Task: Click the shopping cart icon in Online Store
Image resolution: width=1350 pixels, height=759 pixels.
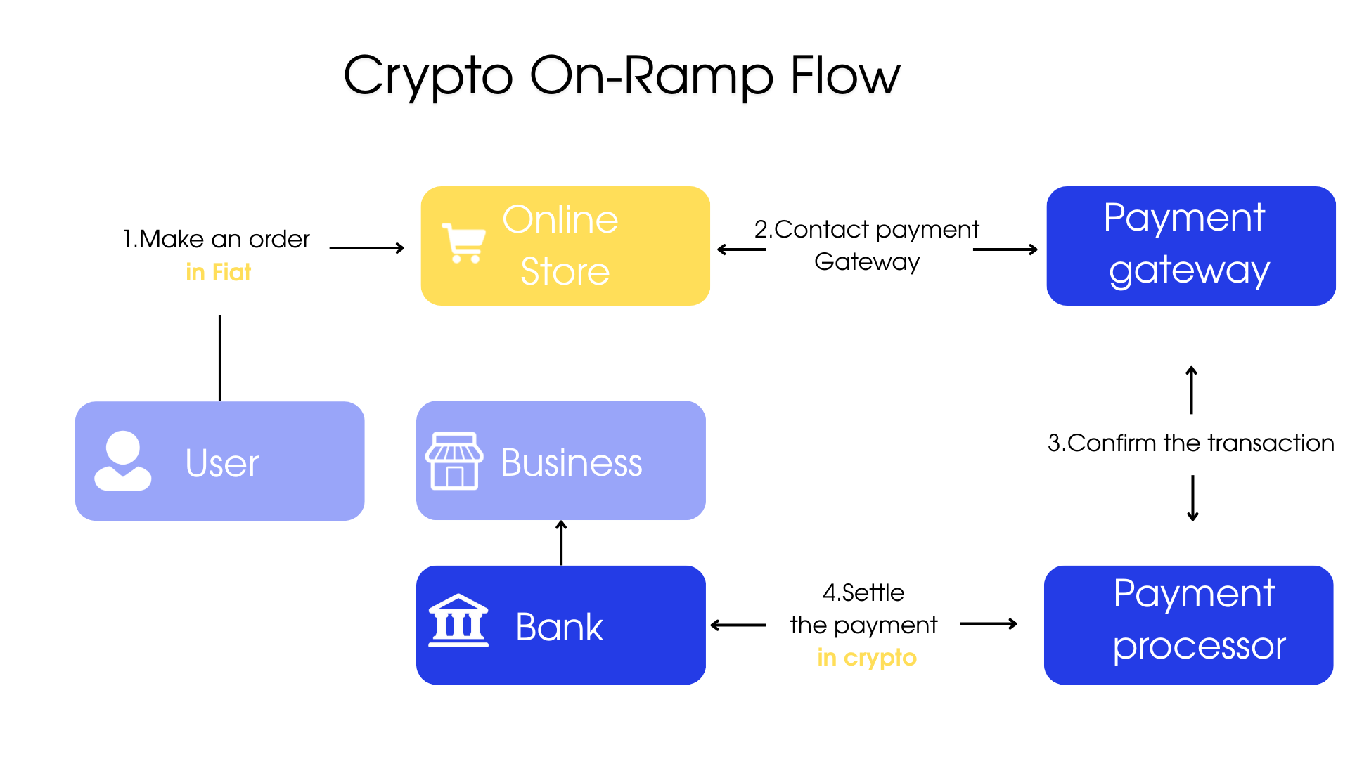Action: tap(463, 243)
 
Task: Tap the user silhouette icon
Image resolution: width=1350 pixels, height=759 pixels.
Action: tap(123, 461)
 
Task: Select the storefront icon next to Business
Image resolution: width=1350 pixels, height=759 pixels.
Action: tap(454, 461)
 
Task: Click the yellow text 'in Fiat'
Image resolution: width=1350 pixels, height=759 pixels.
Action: tap(218, 273)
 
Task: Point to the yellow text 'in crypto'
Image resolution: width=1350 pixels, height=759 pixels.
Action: tap(867, 658)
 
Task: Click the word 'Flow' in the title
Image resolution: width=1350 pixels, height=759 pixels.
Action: tap(844, 75)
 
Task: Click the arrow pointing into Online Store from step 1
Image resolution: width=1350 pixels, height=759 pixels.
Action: tap(367, 248)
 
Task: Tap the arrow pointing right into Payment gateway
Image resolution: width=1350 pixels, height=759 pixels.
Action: tap(1005, 249)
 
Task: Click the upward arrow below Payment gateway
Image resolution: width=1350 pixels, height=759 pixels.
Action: tap(1191, 390)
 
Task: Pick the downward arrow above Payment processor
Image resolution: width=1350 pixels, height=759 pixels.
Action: tap(1192, 498)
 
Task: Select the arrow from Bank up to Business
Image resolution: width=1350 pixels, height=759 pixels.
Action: tap(561, 543)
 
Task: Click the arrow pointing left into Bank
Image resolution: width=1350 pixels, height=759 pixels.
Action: tap(738, 625)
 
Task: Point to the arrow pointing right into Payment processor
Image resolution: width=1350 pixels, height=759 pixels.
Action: tap(989, 624)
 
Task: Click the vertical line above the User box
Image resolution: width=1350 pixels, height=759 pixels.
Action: tap(220, 358)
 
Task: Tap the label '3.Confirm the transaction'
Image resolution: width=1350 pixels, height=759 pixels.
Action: tap(1190, 443)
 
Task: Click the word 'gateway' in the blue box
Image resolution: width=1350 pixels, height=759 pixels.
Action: tap(1190, 271)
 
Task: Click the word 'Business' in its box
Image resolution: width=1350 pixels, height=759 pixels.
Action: tap(571, 463)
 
